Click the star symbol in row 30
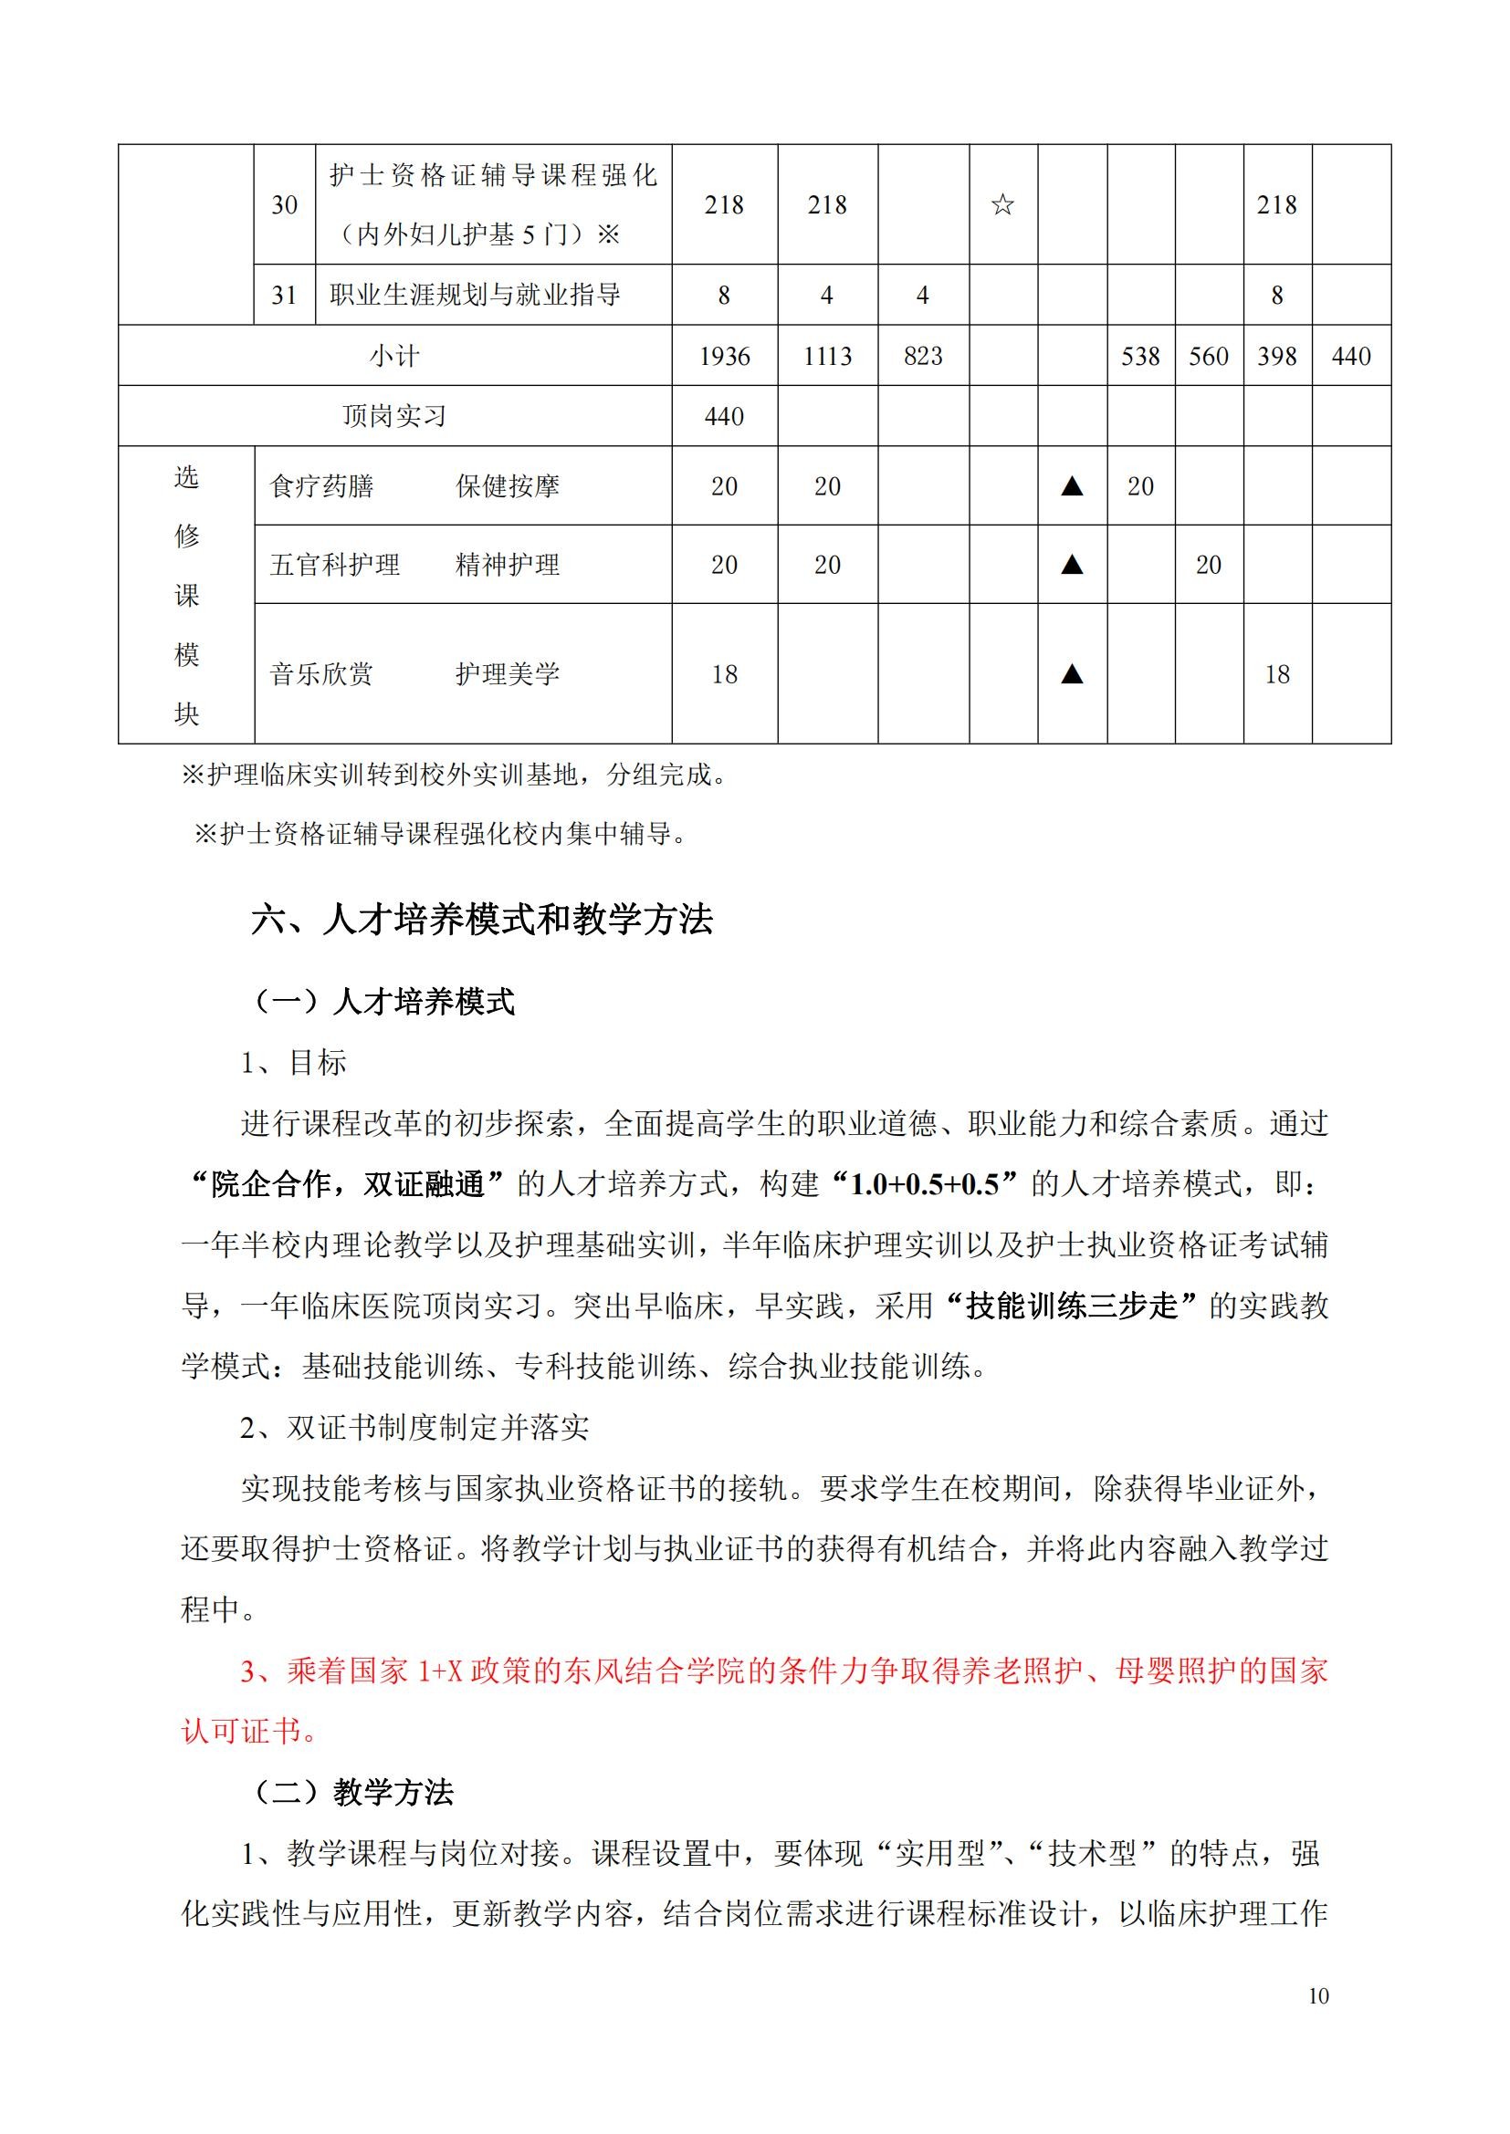coord(1002,204)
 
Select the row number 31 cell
coord(284,296)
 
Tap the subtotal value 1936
coord(724,356)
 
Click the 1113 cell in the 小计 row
coord(826,356)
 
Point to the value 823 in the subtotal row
coord(922,356)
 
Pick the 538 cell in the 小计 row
coord(1140,356)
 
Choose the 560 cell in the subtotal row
coord(1208,356)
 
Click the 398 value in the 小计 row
coord(1276,356)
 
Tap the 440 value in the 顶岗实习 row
coord(724,416)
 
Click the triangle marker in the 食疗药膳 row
coord(1072,486)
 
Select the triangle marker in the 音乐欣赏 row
coord(1072,674)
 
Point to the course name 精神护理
coord(508,565)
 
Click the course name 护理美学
coord(508,674)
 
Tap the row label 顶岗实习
coord(394,416)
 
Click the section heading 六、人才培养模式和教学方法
coord(482,920)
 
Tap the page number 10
coord(1317,1996)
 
